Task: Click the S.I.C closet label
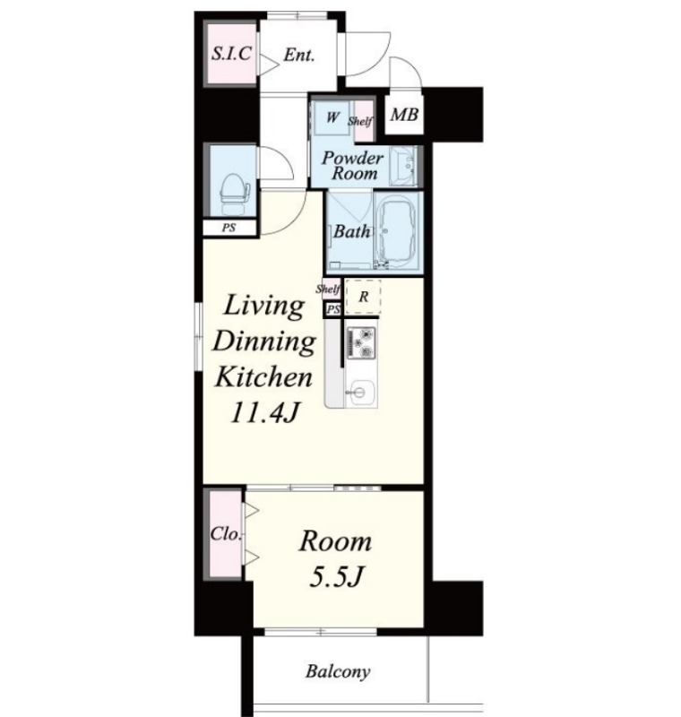(231, 54)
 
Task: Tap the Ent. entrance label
(299, 56)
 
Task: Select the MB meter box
(404, 114)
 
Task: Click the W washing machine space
(332, 117)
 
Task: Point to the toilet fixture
(235, 194)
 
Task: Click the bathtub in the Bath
(397, 232)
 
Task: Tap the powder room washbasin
(403, 166)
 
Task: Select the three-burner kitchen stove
(361, 343)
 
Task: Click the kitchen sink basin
(360, 393)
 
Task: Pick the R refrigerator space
(364, 297)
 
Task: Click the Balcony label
(338, 671)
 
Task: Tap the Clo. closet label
(225, 533)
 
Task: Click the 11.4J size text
(264, 412)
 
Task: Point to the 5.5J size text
(336, 576)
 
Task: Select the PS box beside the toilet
(229, 228)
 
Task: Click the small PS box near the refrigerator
(333, 309)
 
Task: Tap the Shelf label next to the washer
(360, 121)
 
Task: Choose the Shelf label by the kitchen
(328, 289)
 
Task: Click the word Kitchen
(263, 377)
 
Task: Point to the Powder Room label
(352, 166)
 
